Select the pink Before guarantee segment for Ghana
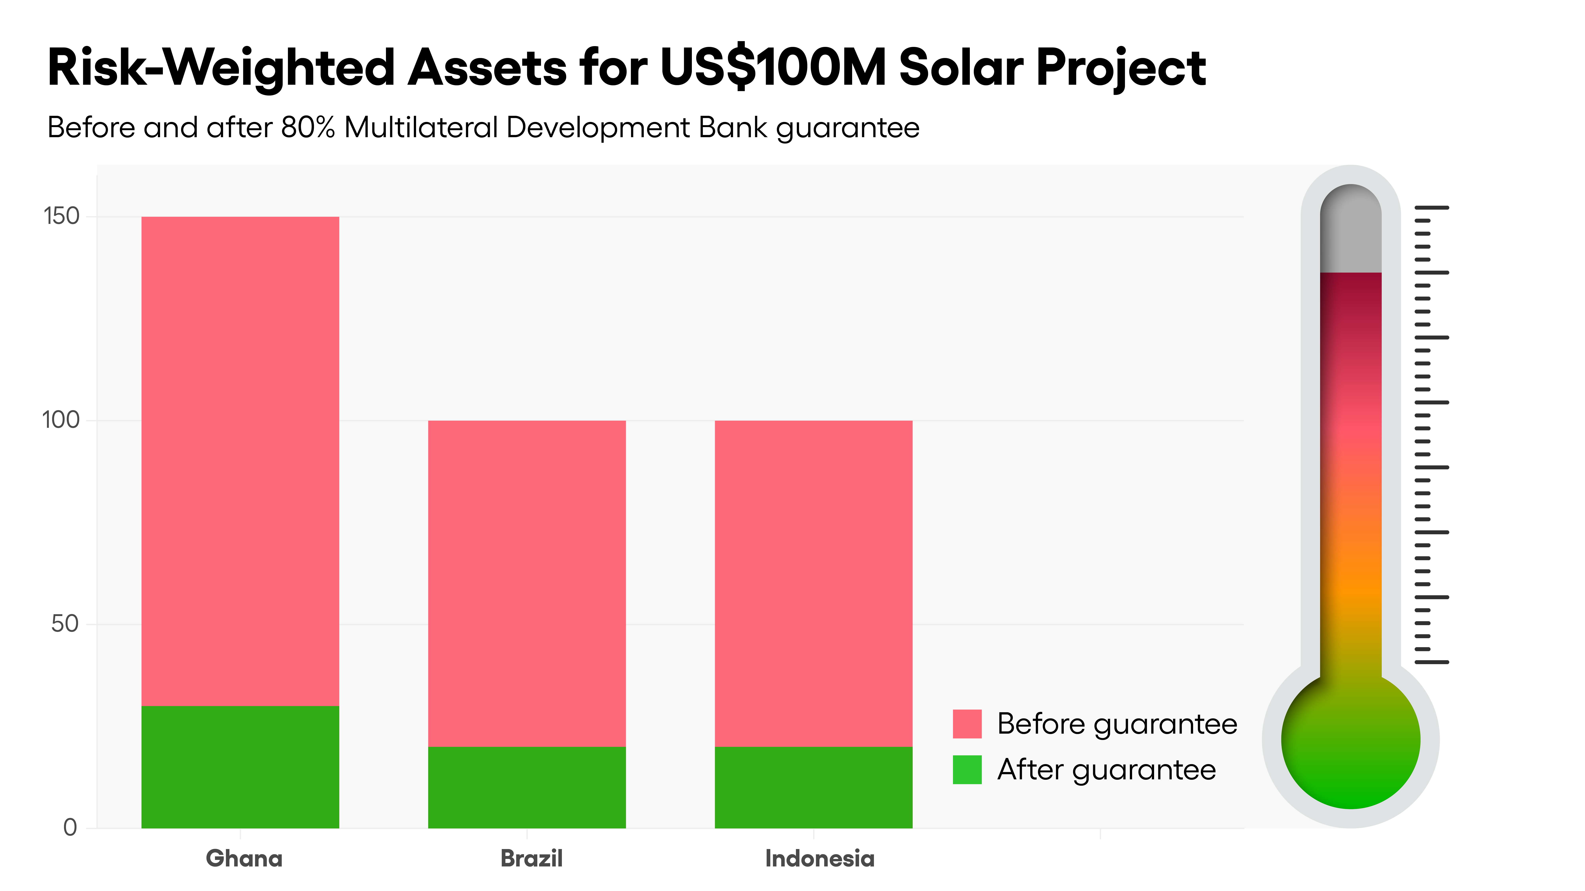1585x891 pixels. tap(240, 461)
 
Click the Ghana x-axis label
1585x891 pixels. tap(244, 858)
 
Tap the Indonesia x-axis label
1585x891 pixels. tap(820, 858)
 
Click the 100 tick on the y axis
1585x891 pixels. tap(61, 421)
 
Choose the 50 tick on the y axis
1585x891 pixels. tap(65, 624)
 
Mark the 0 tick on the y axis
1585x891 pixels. tap(70, 828)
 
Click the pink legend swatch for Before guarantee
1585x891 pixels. tap(967, 724)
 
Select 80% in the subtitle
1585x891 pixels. tap(308, 128)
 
